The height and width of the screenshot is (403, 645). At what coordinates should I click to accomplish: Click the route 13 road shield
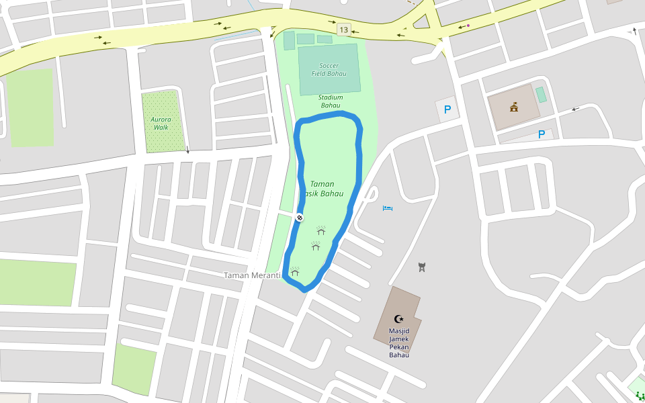[x=344, y=30]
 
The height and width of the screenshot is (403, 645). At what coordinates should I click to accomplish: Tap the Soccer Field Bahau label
[x=329, y=69]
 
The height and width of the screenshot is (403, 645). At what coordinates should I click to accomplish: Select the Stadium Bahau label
[x=330, y=101]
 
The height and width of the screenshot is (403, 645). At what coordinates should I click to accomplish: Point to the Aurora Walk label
[x=161, y=123]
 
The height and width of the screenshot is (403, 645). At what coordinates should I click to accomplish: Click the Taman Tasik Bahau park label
[x=326, y=189]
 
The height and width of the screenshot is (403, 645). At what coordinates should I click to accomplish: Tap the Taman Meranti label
[x=251, y=275]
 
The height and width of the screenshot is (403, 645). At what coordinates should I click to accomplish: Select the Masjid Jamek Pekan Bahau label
[x=399, y=343]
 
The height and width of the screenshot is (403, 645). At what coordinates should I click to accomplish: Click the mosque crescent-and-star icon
[x=399, y=319]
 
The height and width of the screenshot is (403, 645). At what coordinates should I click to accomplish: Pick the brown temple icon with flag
[x=514, y=107]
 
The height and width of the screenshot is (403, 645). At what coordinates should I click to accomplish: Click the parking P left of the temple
[x=447, y=109]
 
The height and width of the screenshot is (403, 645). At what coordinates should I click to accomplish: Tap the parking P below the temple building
[x=542, y=134]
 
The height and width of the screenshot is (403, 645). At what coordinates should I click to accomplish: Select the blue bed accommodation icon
[x=387, y=208]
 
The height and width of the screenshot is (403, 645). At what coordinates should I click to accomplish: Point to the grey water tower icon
[x=422, y=267]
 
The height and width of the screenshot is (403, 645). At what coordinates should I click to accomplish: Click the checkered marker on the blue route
[x=300, y=217]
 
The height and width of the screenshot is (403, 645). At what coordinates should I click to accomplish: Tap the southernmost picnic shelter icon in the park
[x=294, y=271]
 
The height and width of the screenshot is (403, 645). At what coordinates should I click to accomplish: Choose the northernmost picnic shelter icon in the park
[x=321, y=230]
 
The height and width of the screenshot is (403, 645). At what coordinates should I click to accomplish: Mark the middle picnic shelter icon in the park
[x=316, y=246]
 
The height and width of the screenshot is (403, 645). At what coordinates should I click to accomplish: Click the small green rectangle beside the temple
[x=541, y=95]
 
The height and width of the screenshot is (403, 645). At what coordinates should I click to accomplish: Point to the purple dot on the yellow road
[x=468, y=26]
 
